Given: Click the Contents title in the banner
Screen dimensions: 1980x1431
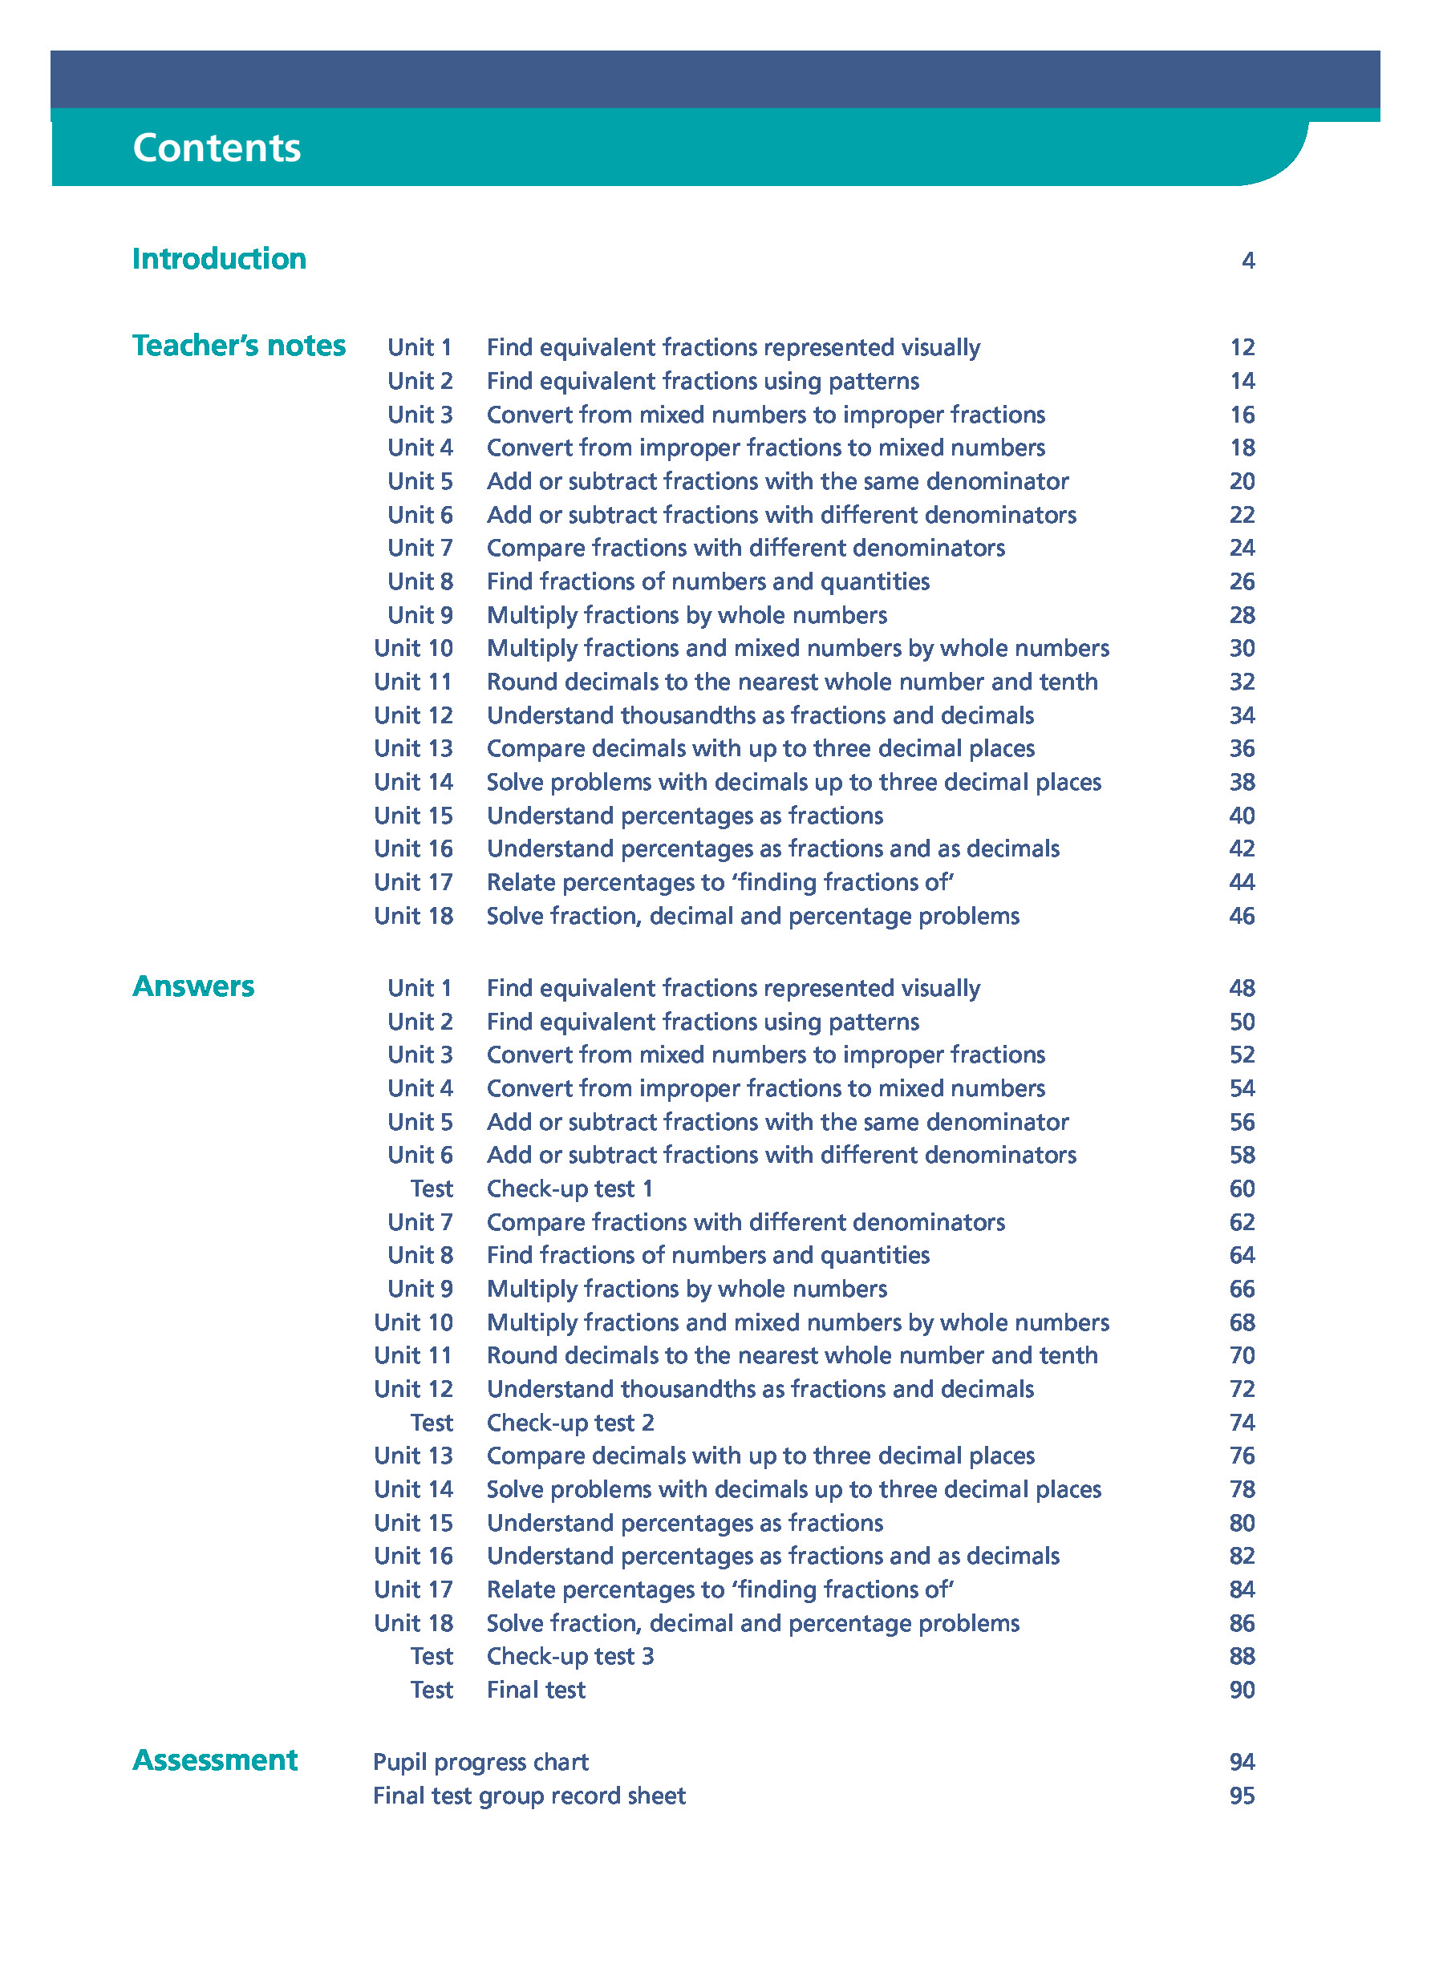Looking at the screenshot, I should (x=216, y=148).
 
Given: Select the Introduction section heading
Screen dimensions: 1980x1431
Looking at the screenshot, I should (x=219, y=258).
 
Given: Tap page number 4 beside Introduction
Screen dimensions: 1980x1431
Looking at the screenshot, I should (x=1247, y=260).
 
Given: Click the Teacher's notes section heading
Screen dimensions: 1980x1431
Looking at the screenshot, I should (x=238, y=346).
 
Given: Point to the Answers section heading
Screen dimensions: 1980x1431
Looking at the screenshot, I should (x=193, y=986).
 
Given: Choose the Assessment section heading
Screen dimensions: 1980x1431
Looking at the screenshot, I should (x=215, y=1759).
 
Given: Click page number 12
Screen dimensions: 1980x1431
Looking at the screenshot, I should (x=1242, y=347).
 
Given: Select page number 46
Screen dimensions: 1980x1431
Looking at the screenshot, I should (x=1242, y=916).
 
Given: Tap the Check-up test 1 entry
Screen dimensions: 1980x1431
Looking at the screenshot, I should (x=570, y=1188).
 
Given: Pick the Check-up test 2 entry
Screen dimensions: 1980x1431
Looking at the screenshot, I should (x=570, y=1422).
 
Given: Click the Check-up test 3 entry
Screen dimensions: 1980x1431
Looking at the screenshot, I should (x=570, y=1656).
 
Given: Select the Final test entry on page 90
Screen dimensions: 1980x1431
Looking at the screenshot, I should (x=536, y=1689).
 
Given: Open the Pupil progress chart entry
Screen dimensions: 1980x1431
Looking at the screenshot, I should (x=480, y=1762).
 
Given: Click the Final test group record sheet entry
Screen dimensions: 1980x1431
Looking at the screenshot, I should (x=529, y=1795).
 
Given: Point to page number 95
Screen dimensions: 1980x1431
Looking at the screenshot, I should (x=1242, y=1795).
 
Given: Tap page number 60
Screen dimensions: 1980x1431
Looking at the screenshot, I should (x=1242, y=1188).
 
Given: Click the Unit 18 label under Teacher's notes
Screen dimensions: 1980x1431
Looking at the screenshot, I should (x=413, y=916).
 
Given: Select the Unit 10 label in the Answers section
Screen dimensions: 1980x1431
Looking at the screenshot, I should (x=413, y=1322).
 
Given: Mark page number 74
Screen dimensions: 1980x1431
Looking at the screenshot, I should (x=1242, y=1422).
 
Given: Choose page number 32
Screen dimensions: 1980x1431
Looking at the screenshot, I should (x=1242, y=682).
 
